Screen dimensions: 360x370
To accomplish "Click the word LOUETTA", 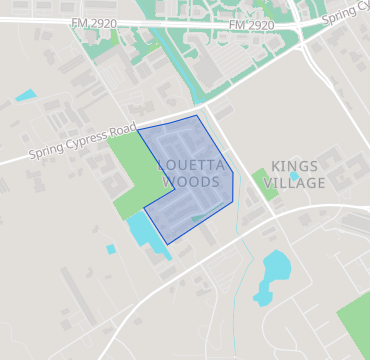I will point(189,165).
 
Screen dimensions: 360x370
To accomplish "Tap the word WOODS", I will point(190,182).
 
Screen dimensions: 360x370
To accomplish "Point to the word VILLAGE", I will point(296,183).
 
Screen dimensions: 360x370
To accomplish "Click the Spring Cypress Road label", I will point(81,141).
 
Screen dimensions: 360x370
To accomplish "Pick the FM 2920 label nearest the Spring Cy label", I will point(251,25).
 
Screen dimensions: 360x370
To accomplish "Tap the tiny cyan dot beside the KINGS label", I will point(295,176).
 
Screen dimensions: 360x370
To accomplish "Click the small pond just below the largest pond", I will point(262,297).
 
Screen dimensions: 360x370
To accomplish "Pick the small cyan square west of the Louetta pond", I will point(111,249).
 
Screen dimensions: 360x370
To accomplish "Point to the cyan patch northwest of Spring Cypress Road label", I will point(25,96).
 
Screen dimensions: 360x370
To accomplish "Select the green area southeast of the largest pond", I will point(355,320).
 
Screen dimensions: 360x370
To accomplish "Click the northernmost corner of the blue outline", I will point(197,115).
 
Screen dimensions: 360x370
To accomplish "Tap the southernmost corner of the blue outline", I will point(171,244).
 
